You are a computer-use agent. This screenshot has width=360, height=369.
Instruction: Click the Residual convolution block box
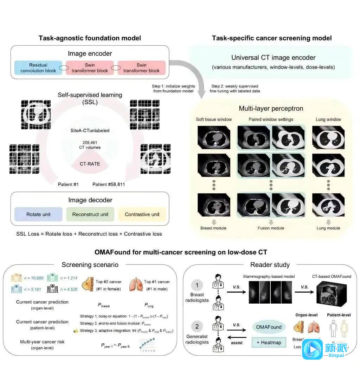pos(39,68)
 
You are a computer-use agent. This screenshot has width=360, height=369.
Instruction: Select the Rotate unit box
pos(38,214)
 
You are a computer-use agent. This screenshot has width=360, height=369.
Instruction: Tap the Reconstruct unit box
pos(90,214)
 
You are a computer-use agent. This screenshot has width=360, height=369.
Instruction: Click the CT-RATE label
pos(90,163)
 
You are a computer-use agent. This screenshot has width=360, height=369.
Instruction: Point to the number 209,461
pos(90,142)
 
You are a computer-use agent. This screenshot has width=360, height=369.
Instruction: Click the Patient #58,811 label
pos(109,184)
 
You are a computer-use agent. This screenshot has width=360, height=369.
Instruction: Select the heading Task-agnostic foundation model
pos(90,38)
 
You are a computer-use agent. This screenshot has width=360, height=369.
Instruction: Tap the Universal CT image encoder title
pos(273,58)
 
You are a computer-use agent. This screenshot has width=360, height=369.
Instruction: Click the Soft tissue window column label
pos(214,119)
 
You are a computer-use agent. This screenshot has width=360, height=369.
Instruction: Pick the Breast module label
pos(213,228)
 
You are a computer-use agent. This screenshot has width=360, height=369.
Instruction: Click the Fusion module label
pos(271,228)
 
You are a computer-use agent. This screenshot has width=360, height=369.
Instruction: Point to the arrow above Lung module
pos(328,222)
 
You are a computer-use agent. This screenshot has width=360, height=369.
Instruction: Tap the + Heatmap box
pos(269,342)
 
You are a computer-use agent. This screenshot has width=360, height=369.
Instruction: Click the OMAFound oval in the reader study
pos(269,327)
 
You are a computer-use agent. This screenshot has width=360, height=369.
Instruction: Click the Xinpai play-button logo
pos(312,349)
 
